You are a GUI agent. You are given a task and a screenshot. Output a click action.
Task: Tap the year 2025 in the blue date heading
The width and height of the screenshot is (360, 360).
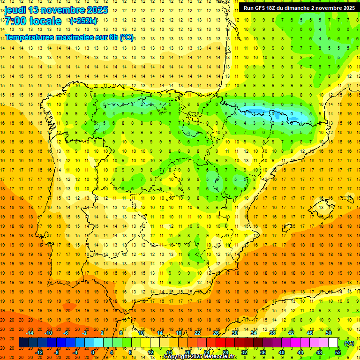(96, 10)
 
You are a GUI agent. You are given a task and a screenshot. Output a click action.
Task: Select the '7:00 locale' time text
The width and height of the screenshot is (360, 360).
(33, 22)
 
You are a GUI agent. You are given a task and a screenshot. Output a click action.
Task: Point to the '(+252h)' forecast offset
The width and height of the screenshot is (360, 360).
(83, 21)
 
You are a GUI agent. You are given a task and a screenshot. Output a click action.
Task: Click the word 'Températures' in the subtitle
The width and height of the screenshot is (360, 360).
(32, 37)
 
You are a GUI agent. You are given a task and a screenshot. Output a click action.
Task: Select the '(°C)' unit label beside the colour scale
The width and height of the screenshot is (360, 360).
(349, 343)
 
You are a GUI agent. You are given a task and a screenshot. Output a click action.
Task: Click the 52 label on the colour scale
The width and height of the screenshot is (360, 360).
(338, 352)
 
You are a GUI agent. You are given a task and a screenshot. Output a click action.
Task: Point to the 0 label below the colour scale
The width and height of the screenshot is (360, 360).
(93, 352)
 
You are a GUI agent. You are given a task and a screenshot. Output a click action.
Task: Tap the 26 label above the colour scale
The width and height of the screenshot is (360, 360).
(216, 333)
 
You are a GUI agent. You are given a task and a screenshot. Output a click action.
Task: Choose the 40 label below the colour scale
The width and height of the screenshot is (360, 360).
(282, 352)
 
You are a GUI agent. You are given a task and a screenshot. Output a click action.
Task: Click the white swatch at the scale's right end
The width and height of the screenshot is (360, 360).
(333, 343)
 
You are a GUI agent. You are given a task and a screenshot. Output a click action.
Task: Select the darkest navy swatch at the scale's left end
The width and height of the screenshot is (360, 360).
(23, 343)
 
